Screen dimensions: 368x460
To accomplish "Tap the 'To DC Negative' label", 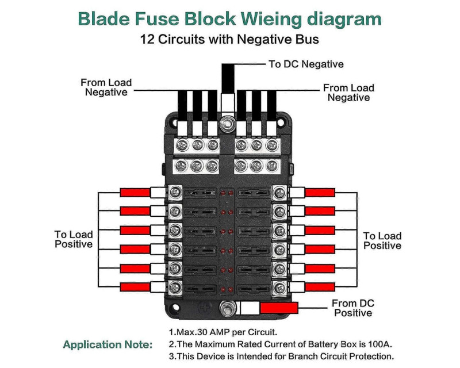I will (x=306, y=64).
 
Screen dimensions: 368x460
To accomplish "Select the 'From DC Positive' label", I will (x=353, y=308).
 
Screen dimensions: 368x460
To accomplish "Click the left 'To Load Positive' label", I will (x=74, y=239).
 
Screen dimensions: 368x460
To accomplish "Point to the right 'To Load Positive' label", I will (x=382, y=240).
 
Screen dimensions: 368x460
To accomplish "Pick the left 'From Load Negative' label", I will (x=106, y=87).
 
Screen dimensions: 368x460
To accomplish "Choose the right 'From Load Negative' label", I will (x=348, y=93).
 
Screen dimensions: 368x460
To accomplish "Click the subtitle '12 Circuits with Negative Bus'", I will (x=229, y=40).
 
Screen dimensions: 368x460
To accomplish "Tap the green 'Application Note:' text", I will (x=108, y=345).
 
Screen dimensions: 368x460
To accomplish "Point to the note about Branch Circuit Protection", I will (x=281, y=356).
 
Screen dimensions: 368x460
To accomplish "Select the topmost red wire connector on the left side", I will (x=135, y=192).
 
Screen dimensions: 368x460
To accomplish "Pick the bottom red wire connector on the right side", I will (x=320, y=286).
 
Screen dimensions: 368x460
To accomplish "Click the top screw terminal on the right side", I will (x=280, y=192).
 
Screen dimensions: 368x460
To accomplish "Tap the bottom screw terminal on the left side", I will (x=175, y=286).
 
